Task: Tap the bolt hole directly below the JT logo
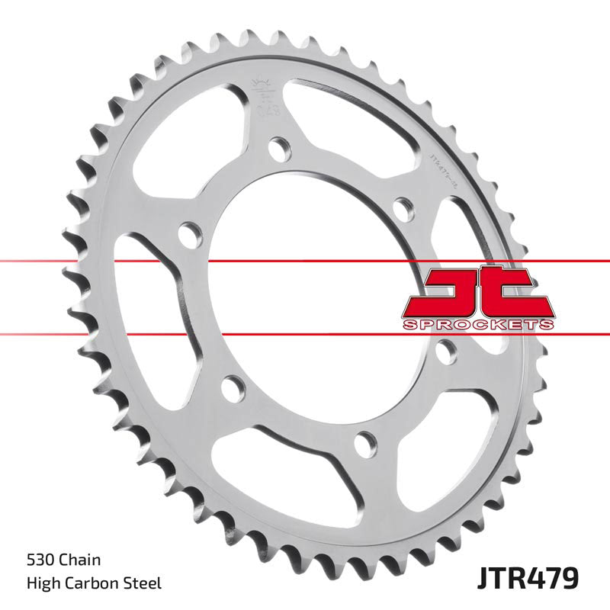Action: tap(448, 350)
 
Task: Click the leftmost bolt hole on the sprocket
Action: tap(185, 231)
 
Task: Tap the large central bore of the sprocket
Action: tap(320, 297)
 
